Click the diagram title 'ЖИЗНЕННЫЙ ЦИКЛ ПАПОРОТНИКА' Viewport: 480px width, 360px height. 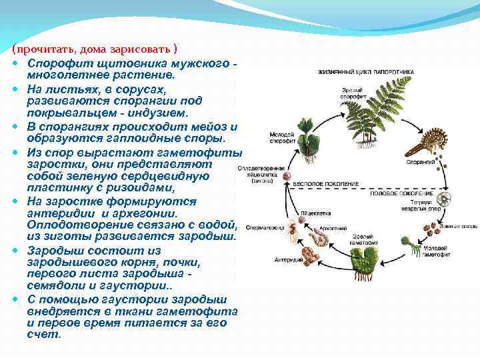tap(365, 72)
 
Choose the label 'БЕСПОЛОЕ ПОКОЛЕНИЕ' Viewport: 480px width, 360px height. tap(329, 183)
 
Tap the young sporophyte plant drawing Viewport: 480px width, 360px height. tap(309, 143)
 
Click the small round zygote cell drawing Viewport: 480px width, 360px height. tap(287, 178)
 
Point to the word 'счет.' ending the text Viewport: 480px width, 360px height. tap(43, 333)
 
